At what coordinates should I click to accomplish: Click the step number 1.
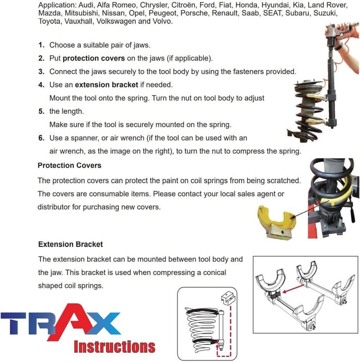(x=41, y=45)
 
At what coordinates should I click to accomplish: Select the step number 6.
(x=41, y=138)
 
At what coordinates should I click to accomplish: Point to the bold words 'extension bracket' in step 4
(x=106, y=84)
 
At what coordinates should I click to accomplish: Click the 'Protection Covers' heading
(x=69, y=165)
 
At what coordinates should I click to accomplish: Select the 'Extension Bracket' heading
(x=70, y=244)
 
